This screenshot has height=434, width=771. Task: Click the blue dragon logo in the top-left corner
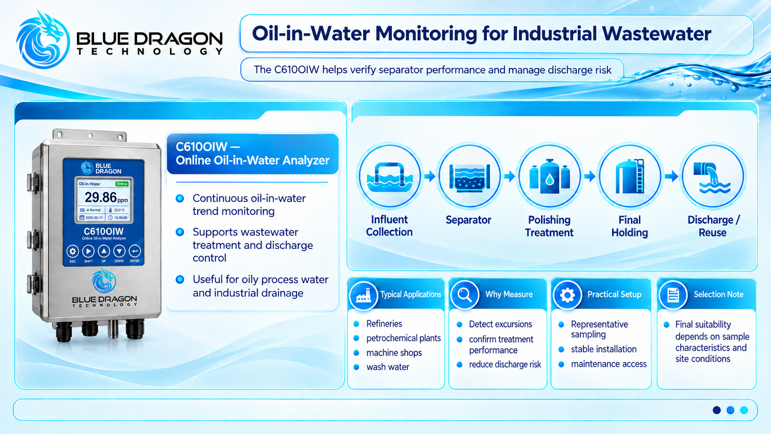pos(43,40)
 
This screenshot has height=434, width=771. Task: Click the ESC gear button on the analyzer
pos(72,251)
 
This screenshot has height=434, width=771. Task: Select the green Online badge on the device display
pos(122,184)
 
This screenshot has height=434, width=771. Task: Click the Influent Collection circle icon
pos(389,176)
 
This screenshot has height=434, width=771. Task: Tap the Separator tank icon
pos(469,176)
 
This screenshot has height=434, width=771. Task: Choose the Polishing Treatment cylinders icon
pos(550,176)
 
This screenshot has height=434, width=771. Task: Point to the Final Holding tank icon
pos(630,176)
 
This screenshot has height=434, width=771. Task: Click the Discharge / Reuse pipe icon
pos(713,176)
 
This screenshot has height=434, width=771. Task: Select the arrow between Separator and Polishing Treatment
pos(510,177)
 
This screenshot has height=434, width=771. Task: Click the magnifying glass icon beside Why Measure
pos(465,295)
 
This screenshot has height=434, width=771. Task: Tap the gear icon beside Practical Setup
pos(567,295)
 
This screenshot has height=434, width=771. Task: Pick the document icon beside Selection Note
pos(673,295)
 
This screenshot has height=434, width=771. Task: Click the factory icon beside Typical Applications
pos(363,295)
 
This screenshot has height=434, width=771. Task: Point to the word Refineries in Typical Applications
pos(384,323)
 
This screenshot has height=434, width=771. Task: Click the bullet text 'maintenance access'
pos(609,364)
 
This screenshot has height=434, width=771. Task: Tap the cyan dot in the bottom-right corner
pos(744,410)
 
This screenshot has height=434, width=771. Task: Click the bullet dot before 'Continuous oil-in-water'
pos(180,198)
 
